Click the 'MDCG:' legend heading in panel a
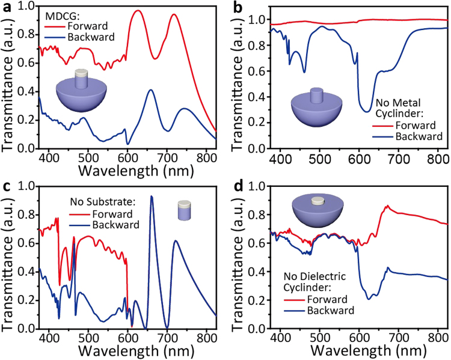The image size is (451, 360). coord(61,14)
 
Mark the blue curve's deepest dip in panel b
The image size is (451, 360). coord(367,111)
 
